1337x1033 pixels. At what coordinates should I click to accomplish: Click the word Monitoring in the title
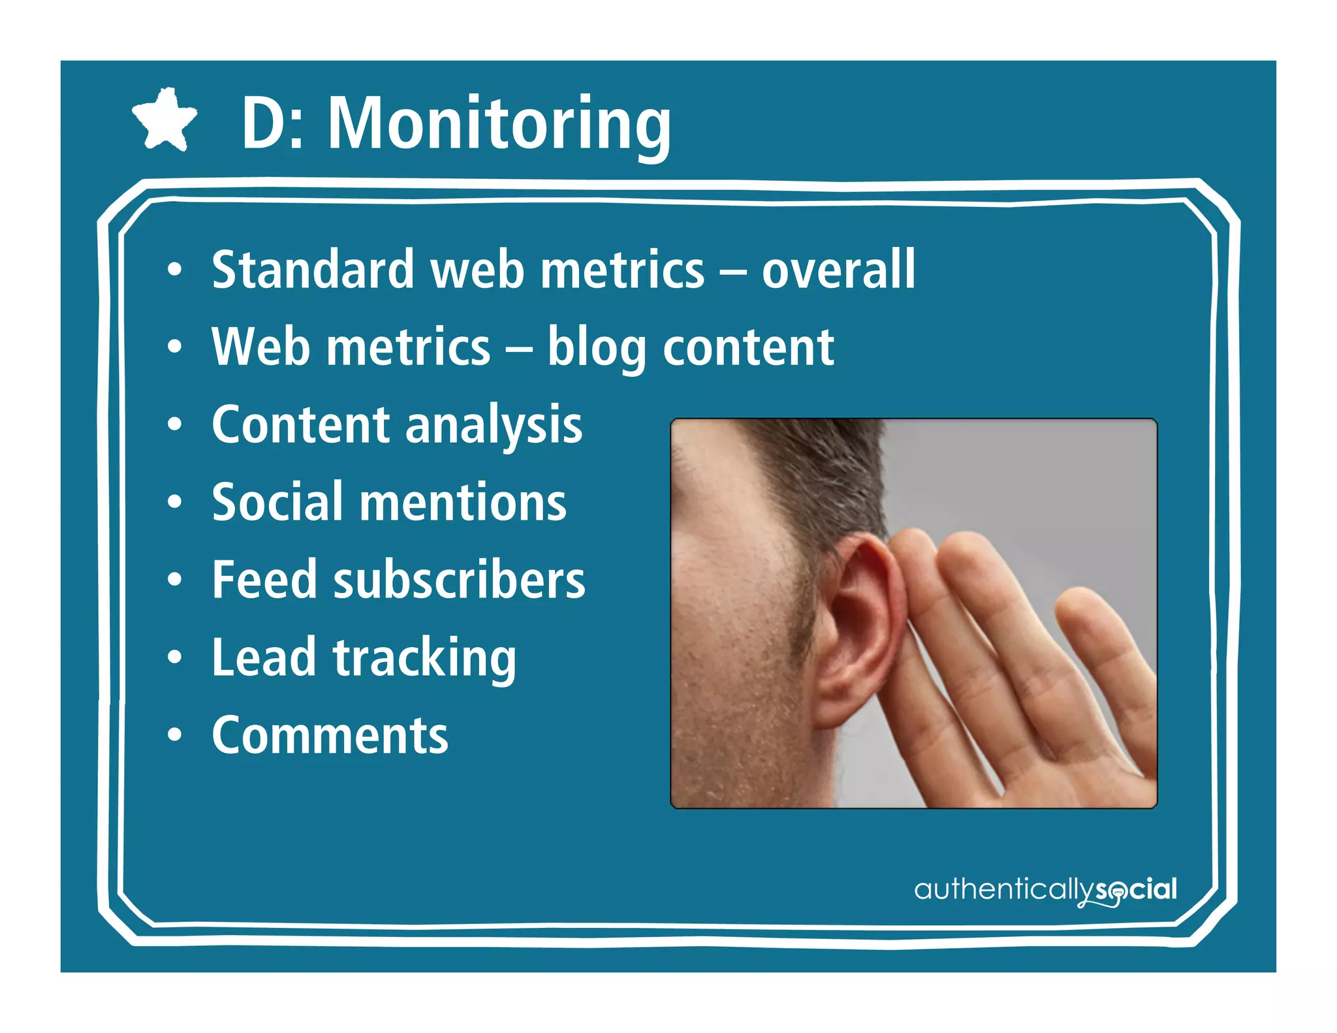click(x=499, y=124)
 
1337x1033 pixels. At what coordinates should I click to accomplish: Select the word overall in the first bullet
click(x=838, y=270)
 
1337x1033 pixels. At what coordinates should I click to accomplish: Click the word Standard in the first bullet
click(x=313, y=270)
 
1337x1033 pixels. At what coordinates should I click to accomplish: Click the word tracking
click(x=424, y=658)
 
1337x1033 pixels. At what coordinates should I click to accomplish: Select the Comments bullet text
click(x=330, y=736)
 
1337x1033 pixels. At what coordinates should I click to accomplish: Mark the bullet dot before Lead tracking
click(x=174, y=658)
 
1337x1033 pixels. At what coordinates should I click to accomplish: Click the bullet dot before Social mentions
click(x=174, y=502)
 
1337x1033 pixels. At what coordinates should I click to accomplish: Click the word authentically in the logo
click(x=1003, y=889)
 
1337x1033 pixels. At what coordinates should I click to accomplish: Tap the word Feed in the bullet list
click(x=264, y=580)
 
